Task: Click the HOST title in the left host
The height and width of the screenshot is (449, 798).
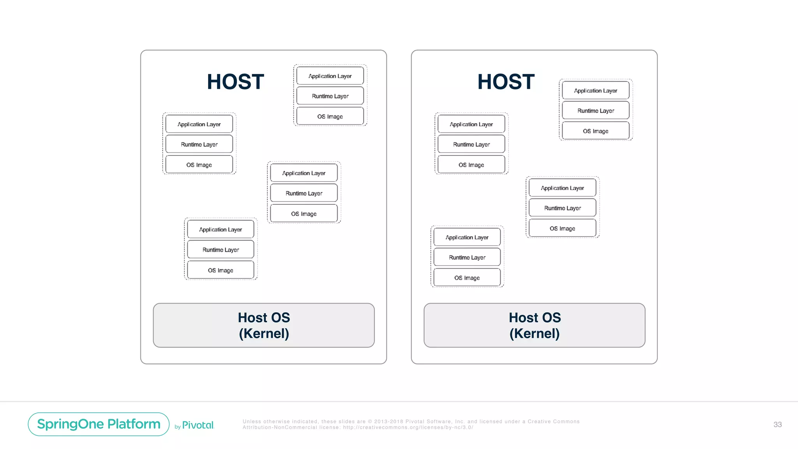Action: tap(235, 82)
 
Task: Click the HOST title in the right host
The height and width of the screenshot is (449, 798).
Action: tap(506, 82)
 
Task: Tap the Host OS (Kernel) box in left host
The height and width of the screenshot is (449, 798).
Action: tap(264, 325)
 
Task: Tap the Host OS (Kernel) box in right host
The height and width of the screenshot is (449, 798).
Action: tap(534, 325)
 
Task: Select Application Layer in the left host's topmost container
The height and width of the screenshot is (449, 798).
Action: tap(330, 76)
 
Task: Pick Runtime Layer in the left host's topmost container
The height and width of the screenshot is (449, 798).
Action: tap(330, 96)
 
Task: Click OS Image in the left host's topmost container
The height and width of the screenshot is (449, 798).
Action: tap(330, 117)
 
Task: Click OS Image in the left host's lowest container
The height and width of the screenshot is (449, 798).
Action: tap(220, 270)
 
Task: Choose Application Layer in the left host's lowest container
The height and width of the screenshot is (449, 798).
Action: tap(220, 230)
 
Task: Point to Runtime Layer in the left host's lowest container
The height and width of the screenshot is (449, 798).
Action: tap(220, 250)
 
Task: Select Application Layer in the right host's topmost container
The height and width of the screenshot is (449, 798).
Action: tap(595, 91)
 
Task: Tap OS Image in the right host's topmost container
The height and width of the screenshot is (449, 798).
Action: tap(595, 131)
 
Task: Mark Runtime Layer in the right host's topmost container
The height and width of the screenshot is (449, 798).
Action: tap(595, 111)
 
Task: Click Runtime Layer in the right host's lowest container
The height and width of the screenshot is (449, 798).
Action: tap(467, 258)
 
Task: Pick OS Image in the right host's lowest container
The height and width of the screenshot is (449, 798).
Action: tap(467, 278)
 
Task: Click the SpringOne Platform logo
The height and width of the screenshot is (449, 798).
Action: tap(99, 424)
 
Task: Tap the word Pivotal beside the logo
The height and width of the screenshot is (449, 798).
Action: tap(198, 425)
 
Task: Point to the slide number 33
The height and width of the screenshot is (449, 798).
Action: tap(777, 424)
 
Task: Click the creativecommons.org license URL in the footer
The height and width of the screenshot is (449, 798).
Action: tap(408, 428)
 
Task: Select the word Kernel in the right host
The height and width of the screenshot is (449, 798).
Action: tap(534, 334)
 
